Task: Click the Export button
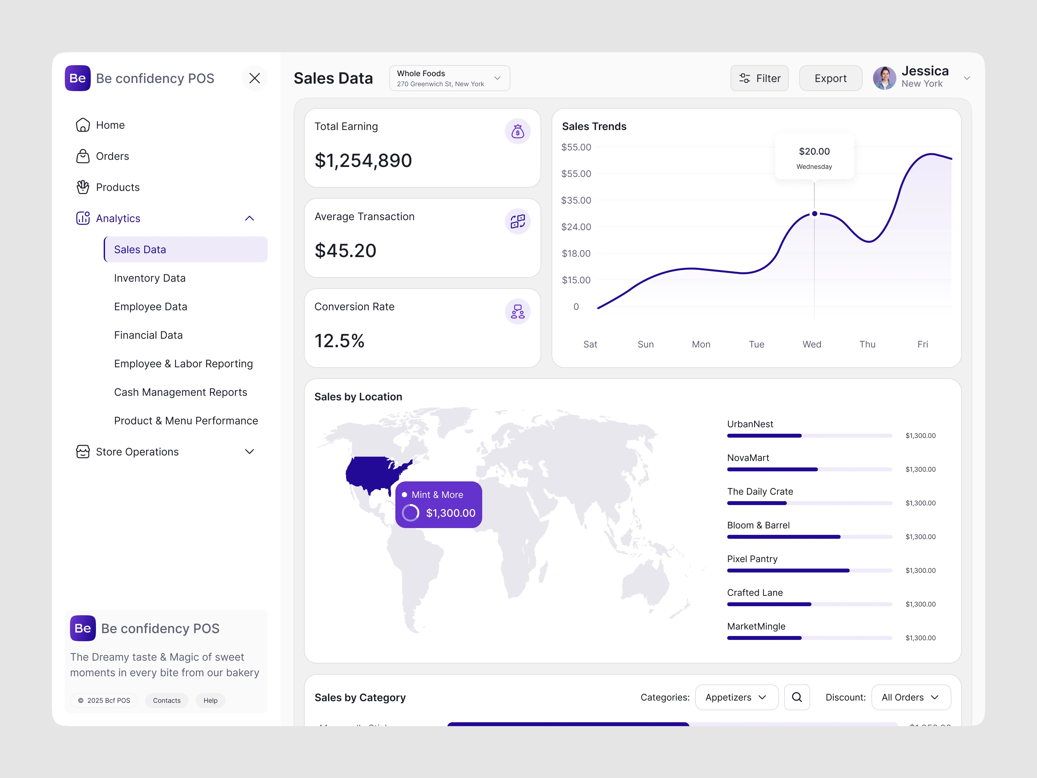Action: (830, 78)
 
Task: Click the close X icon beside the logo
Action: (255, 78)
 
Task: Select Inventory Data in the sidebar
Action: (149, 278)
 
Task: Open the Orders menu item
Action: (112, 156)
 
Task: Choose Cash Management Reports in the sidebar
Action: (181, 392)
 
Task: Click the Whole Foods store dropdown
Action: (449, 78)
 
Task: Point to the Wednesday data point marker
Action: (814, 214)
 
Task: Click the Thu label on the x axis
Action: (867, 344)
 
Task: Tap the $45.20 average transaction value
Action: (345, 251)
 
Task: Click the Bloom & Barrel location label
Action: (758, 525)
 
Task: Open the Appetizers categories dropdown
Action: (736, 697)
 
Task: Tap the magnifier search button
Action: (797, 697)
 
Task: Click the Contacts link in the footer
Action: (167, 701)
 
